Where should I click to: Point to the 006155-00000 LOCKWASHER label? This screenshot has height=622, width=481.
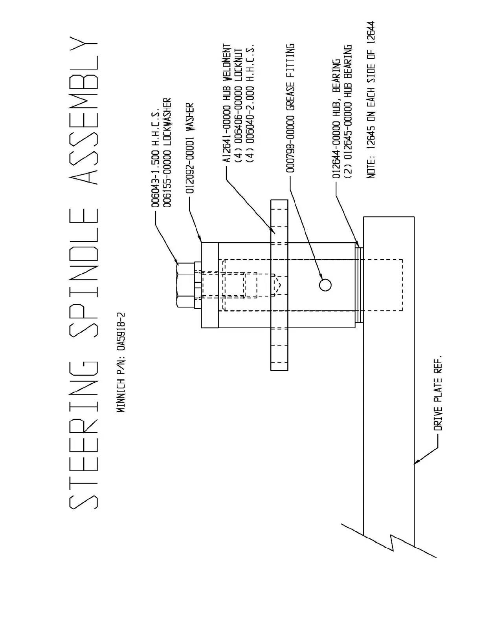tap(167, 153)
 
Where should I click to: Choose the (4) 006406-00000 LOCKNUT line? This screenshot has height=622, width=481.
tap(239, 108)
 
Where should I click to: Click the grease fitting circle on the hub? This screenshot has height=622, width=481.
tap(325, 285)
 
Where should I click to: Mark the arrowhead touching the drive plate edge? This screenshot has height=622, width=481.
tap(418, 461)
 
